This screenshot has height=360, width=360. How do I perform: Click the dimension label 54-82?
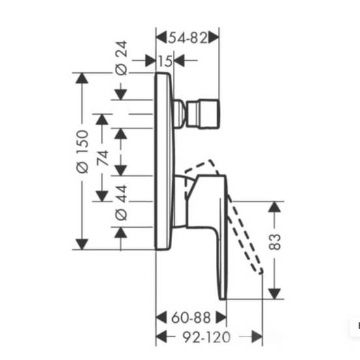pyautogui.click(x=188, y=38)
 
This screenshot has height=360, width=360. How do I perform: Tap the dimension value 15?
pyautogui.click(x=165, y=61)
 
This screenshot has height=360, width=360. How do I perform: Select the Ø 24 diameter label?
pyautogui.click(x=121, y=58)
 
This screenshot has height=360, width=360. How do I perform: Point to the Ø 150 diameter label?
pyautogui.click(x=82, y=151)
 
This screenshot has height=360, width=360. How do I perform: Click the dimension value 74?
pyautogui.click(x=102, y=158)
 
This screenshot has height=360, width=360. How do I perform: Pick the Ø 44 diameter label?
pyautogui.click(x=121, y=203)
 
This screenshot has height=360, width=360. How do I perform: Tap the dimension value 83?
pyautogui.click(x=275, y=242)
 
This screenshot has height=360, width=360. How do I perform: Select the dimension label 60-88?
pyautogui.click(x=191, y=318)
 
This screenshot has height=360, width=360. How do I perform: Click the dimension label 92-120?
pyautogui.click(x=206, y=337)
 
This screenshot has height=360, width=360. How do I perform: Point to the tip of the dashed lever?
pyautogui.click(x=262, y=273)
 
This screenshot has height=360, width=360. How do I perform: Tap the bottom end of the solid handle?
pyautogui.click(x=222, y=299)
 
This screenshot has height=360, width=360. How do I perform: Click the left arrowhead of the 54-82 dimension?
pyautogui.click(x=161, y=38)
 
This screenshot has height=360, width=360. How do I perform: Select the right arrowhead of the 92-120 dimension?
pyautogui.click(x=257, y=337)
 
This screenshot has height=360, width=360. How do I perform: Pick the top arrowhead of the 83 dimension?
pyautogui.click(x=275, y=207)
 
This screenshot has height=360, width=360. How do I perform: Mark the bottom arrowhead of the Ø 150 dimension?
pyautogui.click(x=82, y=244)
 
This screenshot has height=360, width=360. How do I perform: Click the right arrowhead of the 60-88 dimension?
pyautogui.click(x=221, y=318)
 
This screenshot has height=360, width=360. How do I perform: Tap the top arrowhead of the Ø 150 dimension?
pyautogui.click(x=82, y=78)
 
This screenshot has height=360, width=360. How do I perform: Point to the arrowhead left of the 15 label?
pyautogui.click(x=151, y=61)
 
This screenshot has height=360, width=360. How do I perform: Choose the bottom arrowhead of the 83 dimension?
pyautogui.click(x=275, y=294)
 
